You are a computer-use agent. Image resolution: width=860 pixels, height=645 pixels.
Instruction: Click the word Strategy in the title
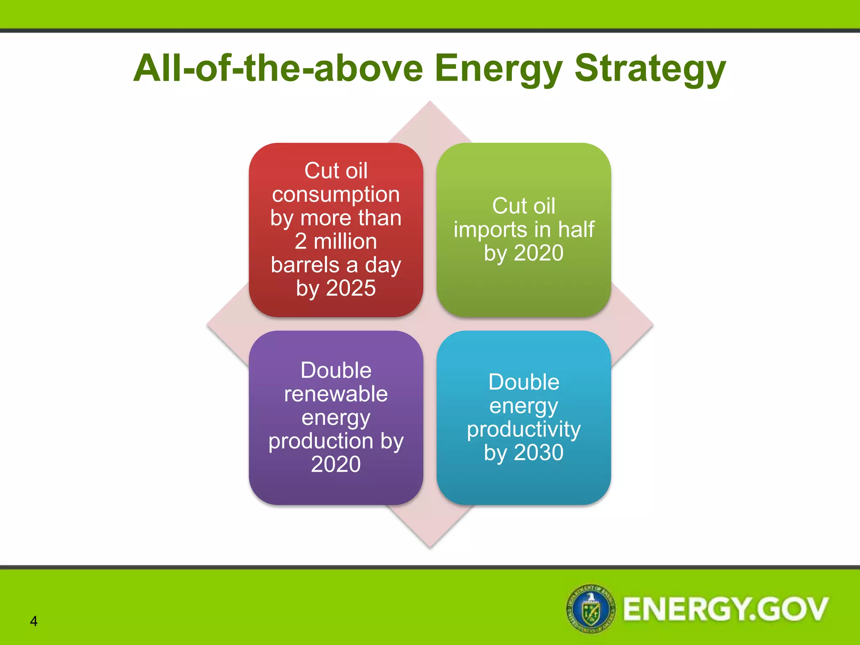(x=650, y=69)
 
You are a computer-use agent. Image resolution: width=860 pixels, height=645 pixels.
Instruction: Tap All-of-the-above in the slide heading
(x=278, y=68)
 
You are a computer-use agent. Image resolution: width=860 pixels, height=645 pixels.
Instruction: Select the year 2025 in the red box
(x=351, y=288)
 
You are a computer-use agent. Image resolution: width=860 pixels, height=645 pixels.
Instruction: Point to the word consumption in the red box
(x=336, y=194)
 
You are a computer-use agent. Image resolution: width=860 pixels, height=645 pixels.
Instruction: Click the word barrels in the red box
(x=305, y=265)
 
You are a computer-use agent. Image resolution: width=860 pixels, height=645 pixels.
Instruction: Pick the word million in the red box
(x=345, y=241)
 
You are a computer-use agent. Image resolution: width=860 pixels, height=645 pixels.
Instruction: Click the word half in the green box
(x=576, y=229)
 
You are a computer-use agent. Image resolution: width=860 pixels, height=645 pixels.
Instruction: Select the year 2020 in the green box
(x=538, y=253)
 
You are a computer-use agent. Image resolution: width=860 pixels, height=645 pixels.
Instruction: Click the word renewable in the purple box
(x=336, y=394)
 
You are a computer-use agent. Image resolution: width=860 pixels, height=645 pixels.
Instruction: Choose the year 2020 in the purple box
(x=336, y=464)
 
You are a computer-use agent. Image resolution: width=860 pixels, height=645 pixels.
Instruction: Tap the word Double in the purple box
(x=336, y=370)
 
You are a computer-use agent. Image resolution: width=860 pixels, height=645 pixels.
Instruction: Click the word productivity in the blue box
(x=524, y=429)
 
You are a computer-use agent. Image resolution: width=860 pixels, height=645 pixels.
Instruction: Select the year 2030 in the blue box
(x=538, y=453)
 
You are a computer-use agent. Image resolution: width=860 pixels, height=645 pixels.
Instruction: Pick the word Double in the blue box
(x=524, y=382)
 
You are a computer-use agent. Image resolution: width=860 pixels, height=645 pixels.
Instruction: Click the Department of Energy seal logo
(x=591, y=608)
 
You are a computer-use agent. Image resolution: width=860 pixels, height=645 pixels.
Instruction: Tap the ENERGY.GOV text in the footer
(x=725, y=609)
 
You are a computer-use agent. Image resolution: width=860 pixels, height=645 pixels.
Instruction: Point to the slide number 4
(x=34, y=621)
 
